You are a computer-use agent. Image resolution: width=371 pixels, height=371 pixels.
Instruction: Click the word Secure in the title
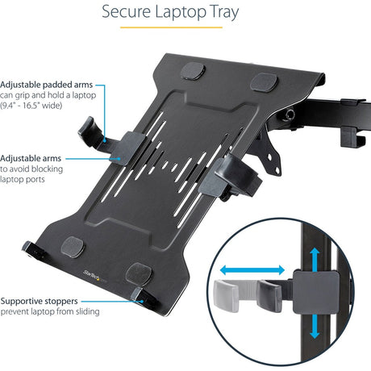[x=128, y=13]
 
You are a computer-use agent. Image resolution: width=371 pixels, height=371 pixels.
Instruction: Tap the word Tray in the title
[x=251, y=13]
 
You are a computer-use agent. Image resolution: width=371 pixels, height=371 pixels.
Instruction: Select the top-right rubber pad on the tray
[x=264, y=81]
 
